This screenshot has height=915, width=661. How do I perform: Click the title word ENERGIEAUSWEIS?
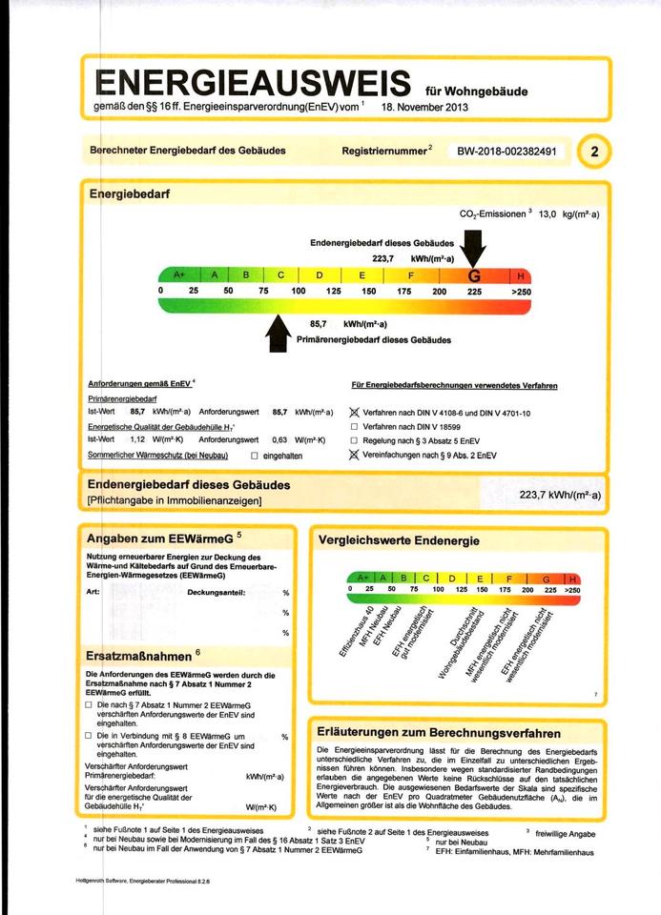pyautogui.click(x=253, y=82)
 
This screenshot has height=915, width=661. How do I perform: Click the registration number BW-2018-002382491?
pyautogui.click(x=513, y=151)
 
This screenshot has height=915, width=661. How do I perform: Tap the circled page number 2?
pyautogui.click(x=595, y=151)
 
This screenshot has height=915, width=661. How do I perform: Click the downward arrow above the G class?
pyautogui.click(x=473, y=253)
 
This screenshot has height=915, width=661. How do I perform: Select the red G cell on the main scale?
pyautogui.click(x=474, y=276)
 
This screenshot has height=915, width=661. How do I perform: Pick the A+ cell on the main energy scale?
pyautogui.click(x=177, y=276)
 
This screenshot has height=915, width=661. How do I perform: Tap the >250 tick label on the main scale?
pyautogui.click(x=521, y=291)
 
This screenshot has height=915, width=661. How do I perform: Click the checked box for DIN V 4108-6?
pyautogui.click(x=355, y=413)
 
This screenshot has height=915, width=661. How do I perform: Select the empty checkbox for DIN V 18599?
pyautogui.click(x=355, y=427)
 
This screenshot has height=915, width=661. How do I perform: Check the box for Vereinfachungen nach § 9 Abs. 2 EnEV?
pyautogui.click(x=355, y=456)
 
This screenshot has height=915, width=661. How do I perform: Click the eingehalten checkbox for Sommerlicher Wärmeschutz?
pyautogui.click(x=254, y=456)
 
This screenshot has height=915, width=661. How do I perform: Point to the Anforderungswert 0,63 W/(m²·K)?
pyautogui.click(x=279, y=440)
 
